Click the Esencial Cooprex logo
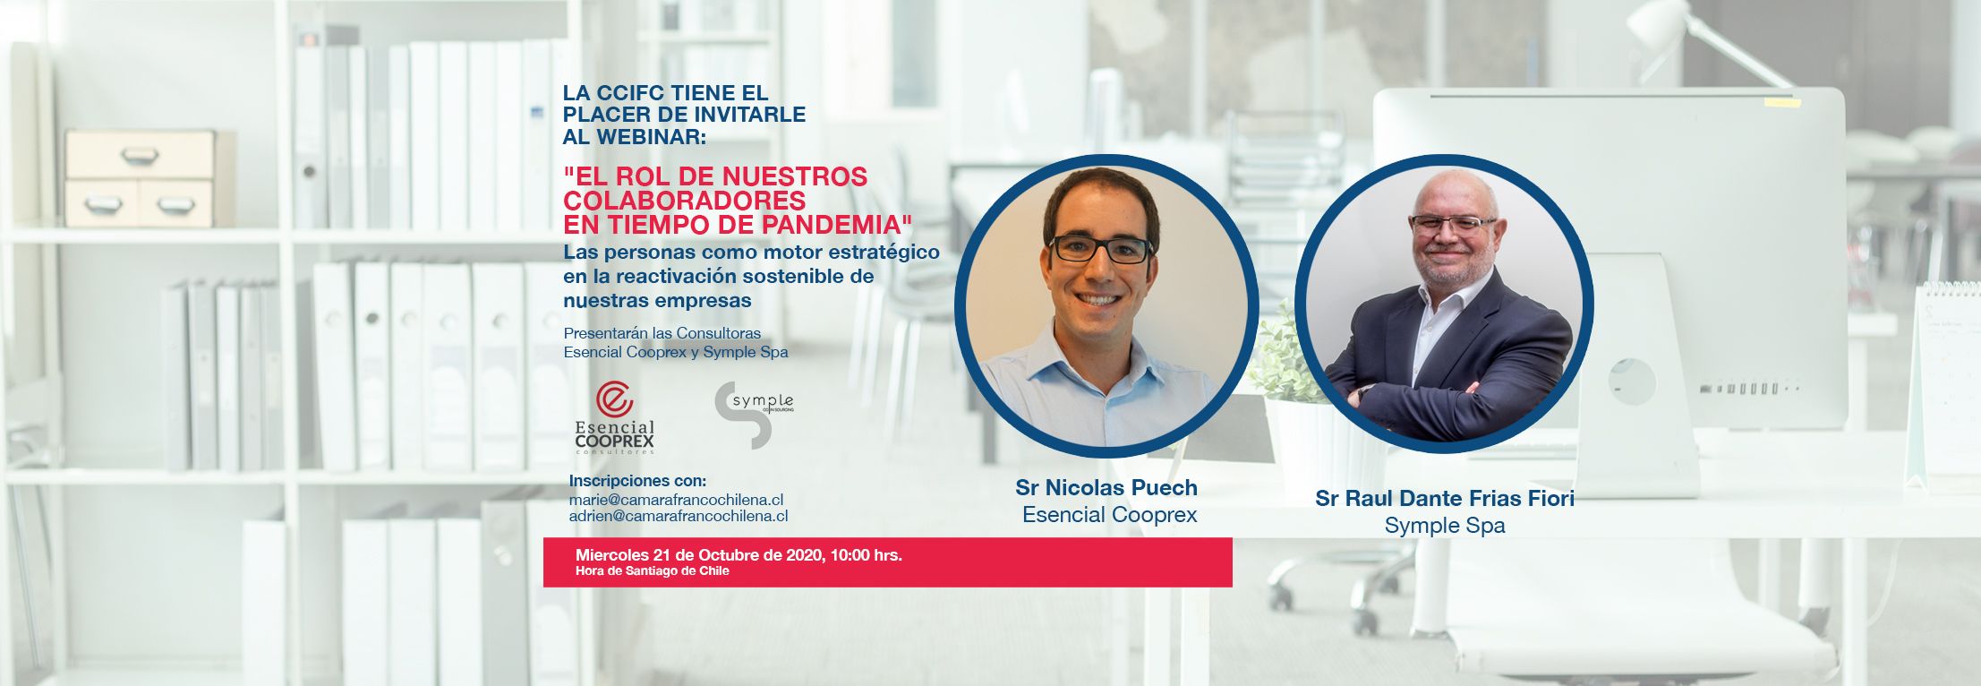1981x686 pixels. coord(614,418)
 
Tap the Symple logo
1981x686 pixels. coord(754,415)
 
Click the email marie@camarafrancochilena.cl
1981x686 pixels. coord(677,499)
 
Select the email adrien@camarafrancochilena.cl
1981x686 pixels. coord(679,516)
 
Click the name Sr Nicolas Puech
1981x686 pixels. coord(1106,488)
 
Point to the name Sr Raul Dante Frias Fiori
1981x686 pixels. coord(1445,498)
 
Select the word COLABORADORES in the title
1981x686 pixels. coord(685,200)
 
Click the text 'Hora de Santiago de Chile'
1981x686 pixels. coord(653,571)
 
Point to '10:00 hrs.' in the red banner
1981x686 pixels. coord(866,555)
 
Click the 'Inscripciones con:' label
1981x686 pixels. coord(637,481)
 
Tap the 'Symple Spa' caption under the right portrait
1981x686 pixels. coord(1445,526)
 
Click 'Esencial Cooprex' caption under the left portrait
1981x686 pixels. coord(1110,515)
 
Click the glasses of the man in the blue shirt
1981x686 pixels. coord(1100,249)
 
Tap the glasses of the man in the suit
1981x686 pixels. coord(1452,225)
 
